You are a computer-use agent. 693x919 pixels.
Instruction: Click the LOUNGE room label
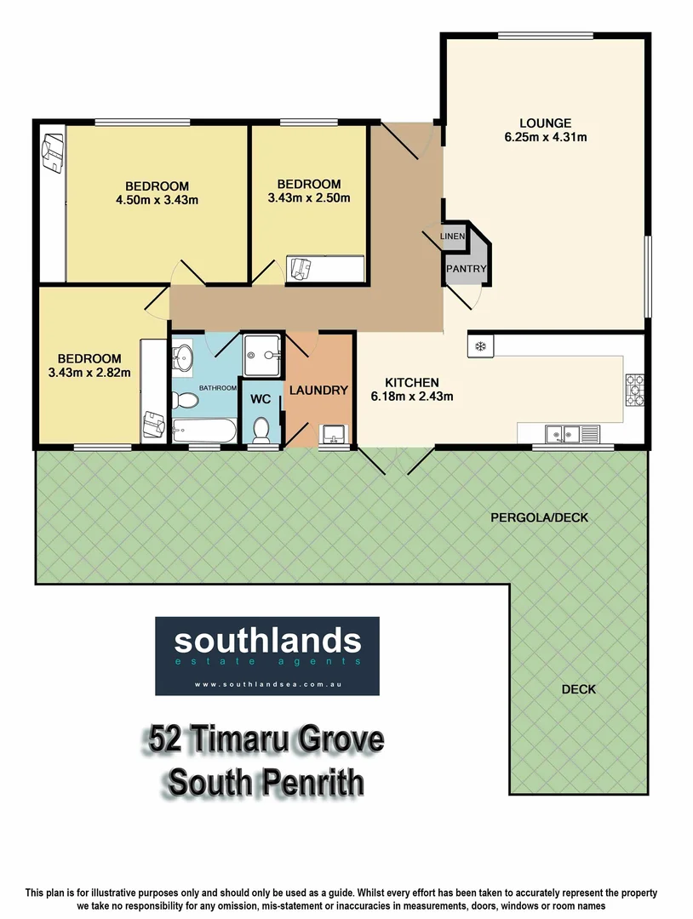point(545,123)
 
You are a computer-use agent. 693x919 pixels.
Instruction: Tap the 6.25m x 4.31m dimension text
point(545,136)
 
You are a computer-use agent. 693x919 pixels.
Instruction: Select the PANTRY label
point(466,269)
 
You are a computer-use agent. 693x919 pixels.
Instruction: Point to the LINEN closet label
point(453,236)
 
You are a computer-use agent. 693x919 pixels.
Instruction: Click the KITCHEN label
point(411,382)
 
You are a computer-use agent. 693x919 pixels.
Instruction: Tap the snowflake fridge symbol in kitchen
point(479,346)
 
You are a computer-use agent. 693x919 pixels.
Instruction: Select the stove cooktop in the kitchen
point(634,390)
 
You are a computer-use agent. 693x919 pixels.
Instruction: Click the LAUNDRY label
point(318,391)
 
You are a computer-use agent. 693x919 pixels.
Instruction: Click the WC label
point(260,397)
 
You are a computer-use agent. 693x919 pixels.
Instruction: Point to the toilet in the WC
point(261,431)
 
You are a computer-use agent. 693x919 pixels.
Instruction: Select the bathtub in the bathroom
point(203,430)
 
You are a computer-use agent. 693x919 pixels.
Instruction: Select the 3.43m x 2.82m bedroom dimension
point(89,373)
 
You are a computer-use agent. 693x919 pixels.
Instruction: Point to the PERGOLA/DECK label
point(539,517)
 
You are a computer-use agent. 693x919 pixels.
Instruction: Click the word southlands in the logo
point(266,641)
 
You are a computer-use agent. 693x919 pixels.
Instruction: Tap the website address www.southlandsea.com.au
point(266,684)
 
